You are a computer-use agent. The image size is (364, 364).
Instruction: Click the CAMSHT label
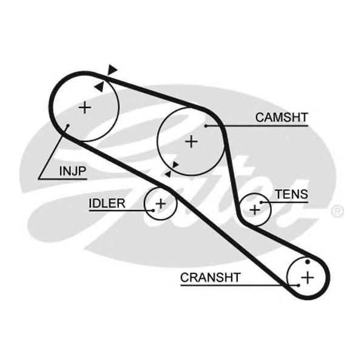point(281,117)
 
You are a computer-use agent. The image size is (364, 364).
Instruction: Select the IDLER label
point(107,203)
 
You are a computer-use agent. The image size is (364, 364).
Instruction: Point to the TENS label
point(291,195)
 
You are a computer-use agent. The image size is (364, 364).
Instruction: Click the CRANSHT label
point(211,277)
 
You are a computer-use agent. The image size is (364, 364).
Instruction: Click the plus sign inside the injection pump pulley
point(85,108)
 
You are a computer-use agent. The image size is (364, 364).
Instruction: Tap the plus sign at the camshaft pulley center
point(192,141)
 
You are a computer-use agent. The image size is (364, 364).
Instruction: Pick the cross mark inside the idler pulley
point(161,203)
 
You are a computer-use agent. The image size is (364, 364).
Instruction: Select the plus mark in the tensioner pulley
point(255,209)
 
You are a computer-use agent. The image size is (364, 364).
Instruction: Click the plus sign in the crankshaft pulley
point(308,277)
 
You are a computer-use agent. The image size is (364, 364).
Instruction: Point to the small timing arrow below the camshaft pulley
point(175,165)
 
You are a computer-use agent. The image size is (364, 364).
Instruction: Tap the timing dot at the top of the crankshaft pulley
point(308,261)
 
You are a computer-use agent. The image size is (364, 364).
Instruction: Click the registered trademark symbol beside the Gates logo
point(337,212)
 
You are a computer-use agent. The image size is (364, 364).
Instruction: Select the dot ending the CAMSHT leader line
point(206,126)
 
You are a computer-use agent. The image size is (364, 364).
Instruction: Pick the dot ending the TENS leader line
point(261,202)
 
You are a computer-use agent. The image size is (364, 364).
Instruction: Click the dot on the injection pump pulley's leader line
point(68,126)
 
